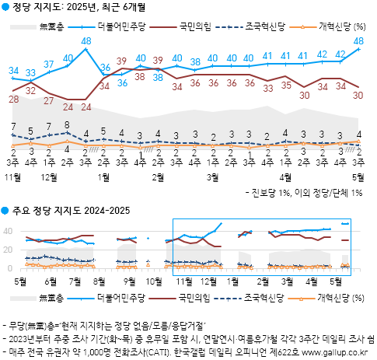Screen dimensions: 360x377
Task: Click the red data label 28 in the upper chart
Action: (x=14, y=99)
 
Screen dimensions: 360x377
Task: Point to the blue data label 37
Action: (x=49, y=64)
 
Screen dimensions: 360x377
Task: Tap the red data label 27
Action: (x=49, y=100)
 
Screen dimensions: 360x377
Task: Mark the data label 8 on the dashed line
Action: (x=68, y=124)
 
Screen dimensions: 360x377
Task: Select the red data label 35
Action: (x=285, y=85)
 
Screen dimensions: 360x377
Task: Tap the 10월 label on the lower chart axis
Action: (x=155, y=279)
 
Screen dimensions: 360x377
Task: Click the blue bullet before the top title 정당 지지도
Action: (x=5, y=7)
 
